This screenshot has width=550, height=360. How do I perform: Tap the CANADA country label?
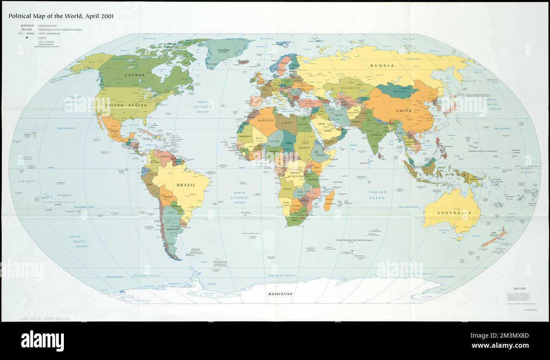[x=134, y=75]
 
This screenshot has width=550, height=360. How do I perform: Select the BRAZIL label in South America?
[x=186, y=185]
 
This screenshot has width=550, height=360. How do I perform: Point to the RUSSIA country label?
[x=382, y=66]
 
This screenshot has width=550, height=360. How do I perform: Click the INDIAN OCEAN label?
[x=377, y=195]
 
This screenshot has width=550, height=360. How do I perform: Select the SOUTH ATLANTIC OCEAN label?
[x=239, y=198]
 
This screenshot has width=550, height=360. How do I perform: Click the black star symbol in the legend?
[x=27, y=38]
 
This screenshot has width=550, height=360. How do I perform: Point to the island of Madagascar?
[x=330, y=201]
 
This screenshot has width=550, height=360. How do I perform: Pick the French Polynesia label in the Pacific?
[x=59, y=203]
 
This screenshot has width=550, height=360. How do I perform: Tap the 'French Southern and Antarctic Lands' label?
[x=357, y=240]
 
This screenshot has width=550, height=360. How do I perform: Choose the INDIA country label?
[x=376, y=135]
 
